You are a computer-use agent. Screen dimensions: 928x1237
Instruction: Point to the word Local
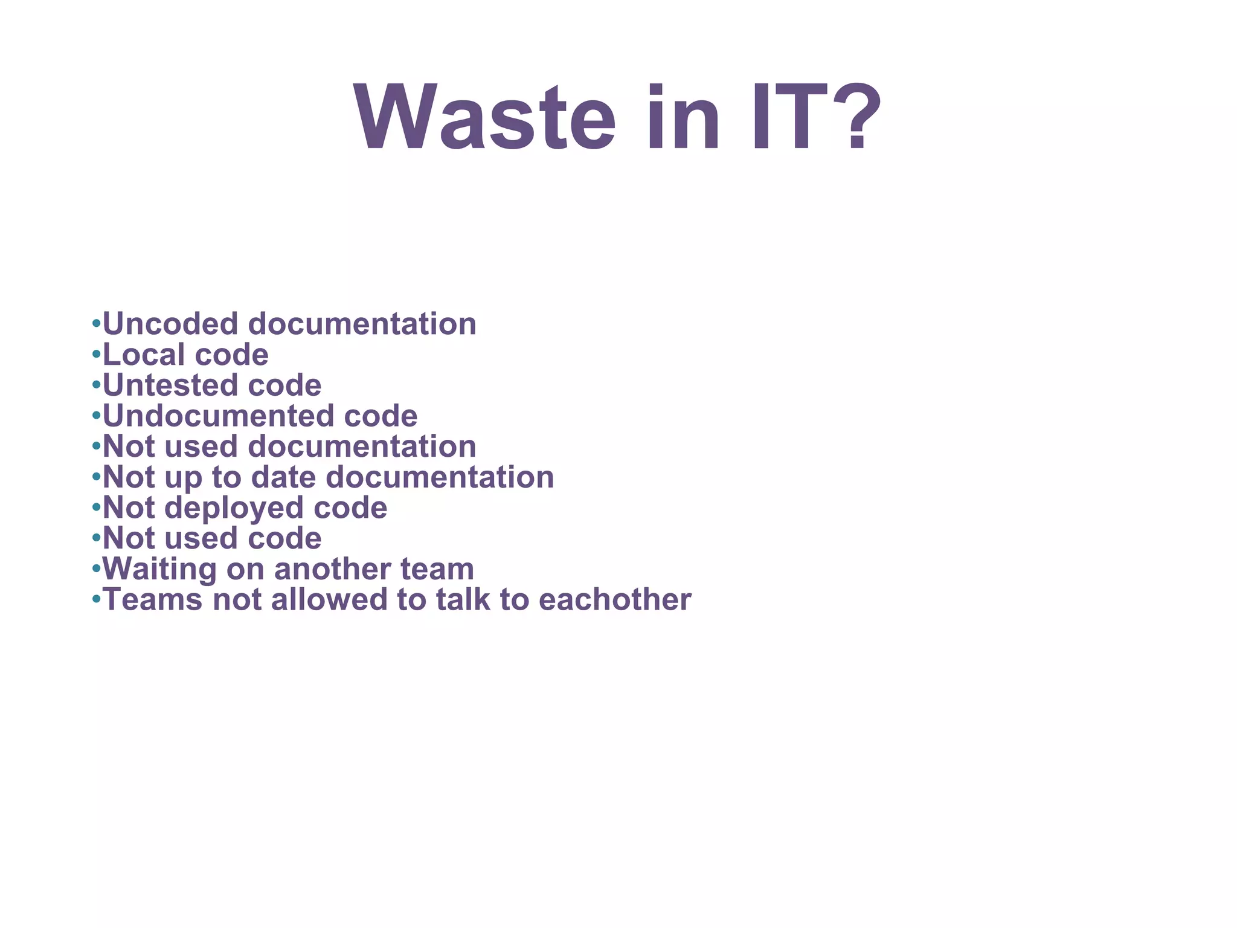[x=144, y=355]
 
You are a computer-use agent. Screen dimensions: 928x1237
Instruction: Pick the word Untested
[x=170, y=385]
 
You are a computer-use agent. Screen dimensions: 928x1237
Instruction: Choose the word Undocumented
[x=218, y=416]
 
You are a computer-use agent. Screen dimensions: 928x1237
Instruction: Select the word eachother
[x=615, y=600]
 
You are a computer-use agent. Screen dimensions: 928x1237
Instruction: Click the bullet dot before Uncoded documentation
[x=95, y=324]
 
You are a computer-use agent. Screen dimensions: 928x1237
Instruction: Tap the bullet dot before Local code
[x=95, y=355]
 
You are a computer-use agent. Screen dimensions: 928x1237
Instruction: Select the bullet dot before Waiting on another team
[x=95, y=569]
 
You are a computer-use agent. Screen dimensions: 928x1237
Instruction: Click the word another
[x=332, y=569]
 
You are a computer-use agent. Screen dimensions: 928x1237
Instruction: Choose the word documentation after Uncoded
[x=362, y=324]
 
